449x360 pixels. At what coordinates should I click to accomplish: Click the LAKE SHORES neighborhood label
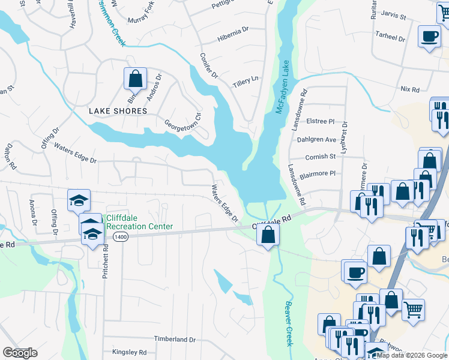pos(118,111)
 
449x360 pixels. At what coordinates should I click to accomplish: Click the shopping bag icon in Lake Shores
pos(136,79)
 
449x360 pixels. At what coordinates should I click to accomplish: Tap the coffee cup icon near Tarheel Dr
pos(430,37)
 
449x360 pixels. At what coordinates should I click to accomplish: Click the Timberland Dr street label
pos(175,339)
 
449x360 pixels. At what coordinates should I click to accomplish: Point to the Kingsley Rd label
pos(130,352)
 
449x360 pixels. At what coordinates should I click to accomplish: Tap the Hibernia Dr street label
pos(233,29)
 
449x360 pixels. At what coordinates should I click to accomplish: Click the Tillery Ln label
pos(246,79)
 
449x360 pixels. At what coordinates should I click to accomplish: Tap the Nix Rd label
pos(410,89)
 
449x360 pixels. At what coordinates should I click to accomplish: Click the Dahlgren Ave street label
pos(317,139)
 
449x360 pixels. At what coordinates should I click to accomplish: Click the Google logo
pos(20,353)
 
